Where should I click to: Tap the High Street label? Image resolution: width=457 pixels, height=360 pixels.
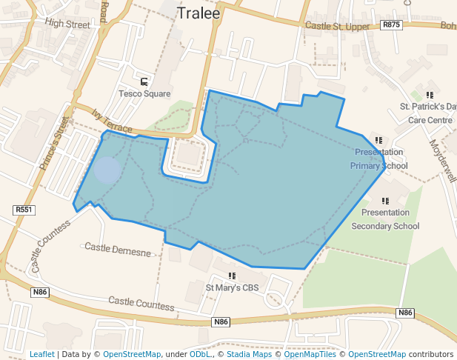pos(67,23)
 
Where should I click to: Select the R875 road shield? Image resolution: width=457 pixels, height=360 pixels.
pos(391,25)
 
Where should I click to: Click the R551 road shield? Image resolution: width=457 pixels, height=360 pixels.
pos(24,210)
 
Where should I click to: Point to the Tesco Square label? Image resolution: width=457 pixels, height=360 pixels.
pos(144,94)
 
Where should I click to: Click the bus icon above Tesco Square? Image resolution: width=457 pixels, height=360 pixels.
pos(144,81)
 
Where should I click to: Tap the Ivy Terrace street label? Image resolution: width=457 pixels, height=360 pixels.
pos(111,122)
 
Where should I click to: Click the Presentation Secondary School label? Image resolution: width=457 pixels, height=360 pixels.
pos(385,219)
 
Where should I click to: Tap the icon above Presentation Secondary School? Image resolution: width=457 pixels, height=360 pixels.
pos(385,201)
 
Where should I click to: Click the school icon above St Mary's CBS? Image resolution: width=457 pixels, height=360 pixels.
pos(232,276)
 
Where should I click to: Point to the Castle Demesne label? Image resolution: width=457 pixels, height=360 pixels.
pos(118,250)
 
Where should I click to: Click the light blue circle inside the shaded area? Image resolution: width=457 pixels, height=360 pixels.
pos(107,170)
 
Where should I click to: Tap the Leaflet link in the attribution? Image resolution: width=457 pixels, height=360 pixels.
pos(42,354)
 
